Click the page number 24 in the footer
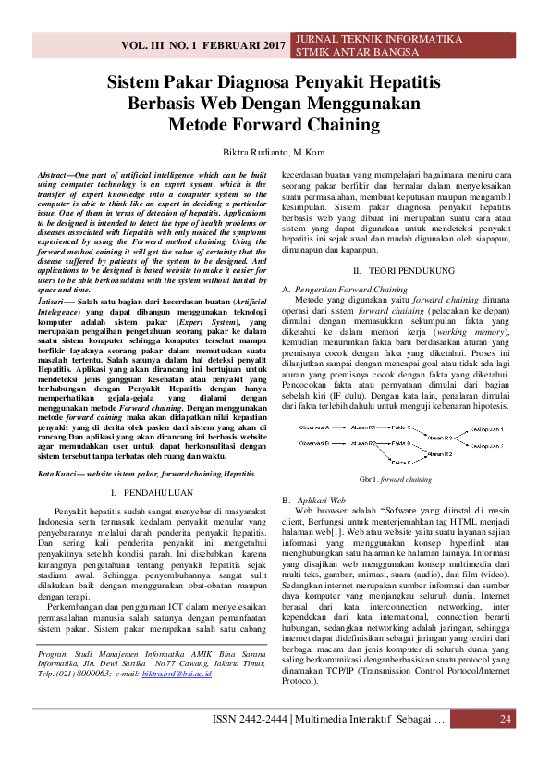pos(505,746)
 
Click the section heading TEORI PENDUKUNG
pos(411,270)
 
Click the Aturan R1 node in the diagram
pos(364,427)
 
